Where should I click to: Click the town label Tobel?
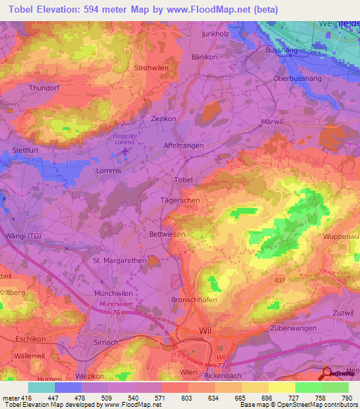pos(184,180)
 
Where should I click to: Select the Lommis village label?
pos(108,171)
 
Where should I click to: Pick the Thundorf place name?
pos(46,88)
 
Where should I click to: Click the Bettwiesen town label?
pos(167,234)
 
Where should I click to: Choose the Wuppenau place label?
pos(340,238)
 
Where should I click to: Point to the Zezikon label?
pos(163,119)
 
